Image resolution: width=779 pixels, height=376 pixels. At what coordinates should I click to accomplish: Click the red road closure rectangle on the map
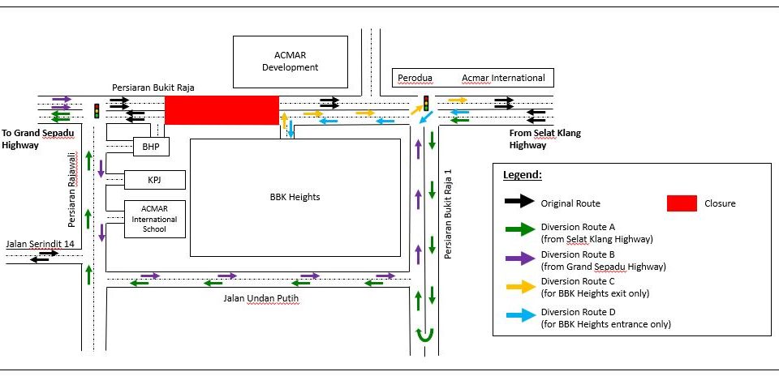pyautogui.click(x=222, y=109)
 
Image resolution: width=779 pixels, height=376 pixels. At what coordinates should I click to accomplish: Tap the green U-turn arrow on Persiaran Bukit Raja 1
pyautogui.click(x=423, y=335)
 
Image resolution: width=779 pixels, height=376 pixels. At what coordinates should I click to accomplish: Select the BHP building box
pyautogui.click(x=151, y=147)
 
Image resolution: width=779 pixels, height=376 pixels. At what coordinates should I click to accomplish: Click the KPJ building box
pyautogui.click(x=154, y=179)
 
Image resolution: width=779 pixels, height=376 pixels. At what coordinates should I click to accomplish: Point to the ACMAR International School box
pyautogui.click(x=154, y=219)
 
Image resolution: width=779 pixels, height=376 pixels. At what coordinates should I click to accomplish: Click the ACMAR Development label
pyautogui.click(x=290, y=62)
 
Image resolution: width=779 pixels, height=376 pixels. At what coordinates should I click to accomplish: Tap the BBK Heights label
pyautogui.click(x=295, y=197)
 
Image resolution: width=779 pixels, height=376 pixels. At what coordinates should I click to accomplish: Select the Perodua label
pyautogui.click(x=415, y=78)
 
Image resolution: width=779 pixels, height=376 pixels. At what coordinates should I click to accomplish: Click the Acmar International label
pyautogui.click(x=503, y=78)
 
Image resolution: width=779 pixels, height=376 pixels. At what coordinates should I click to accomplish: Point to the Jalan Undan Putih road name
pyautogui.click(x=256, y=298)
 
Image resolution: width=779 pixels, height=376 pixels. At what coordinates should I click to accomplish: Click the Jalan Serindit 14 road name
pyautogui.click(x=40, y=243)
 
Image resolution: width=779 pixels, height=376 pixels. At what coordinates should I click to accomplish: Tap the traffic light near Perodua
pyautogui.click(x=426, y=103)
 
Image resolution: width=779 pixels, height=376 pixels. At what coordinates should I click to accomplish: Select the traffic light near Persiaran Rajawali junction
pyautogui.click(x=97, y=110)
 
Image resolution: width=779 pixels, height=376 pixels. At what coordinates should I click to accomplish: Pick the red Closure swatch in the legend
pyautogui.click(x=682, y=203)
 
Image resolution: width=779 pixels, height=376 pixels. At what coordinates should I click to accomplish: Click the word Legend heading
pyautogui.click(x=522, y=175)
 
